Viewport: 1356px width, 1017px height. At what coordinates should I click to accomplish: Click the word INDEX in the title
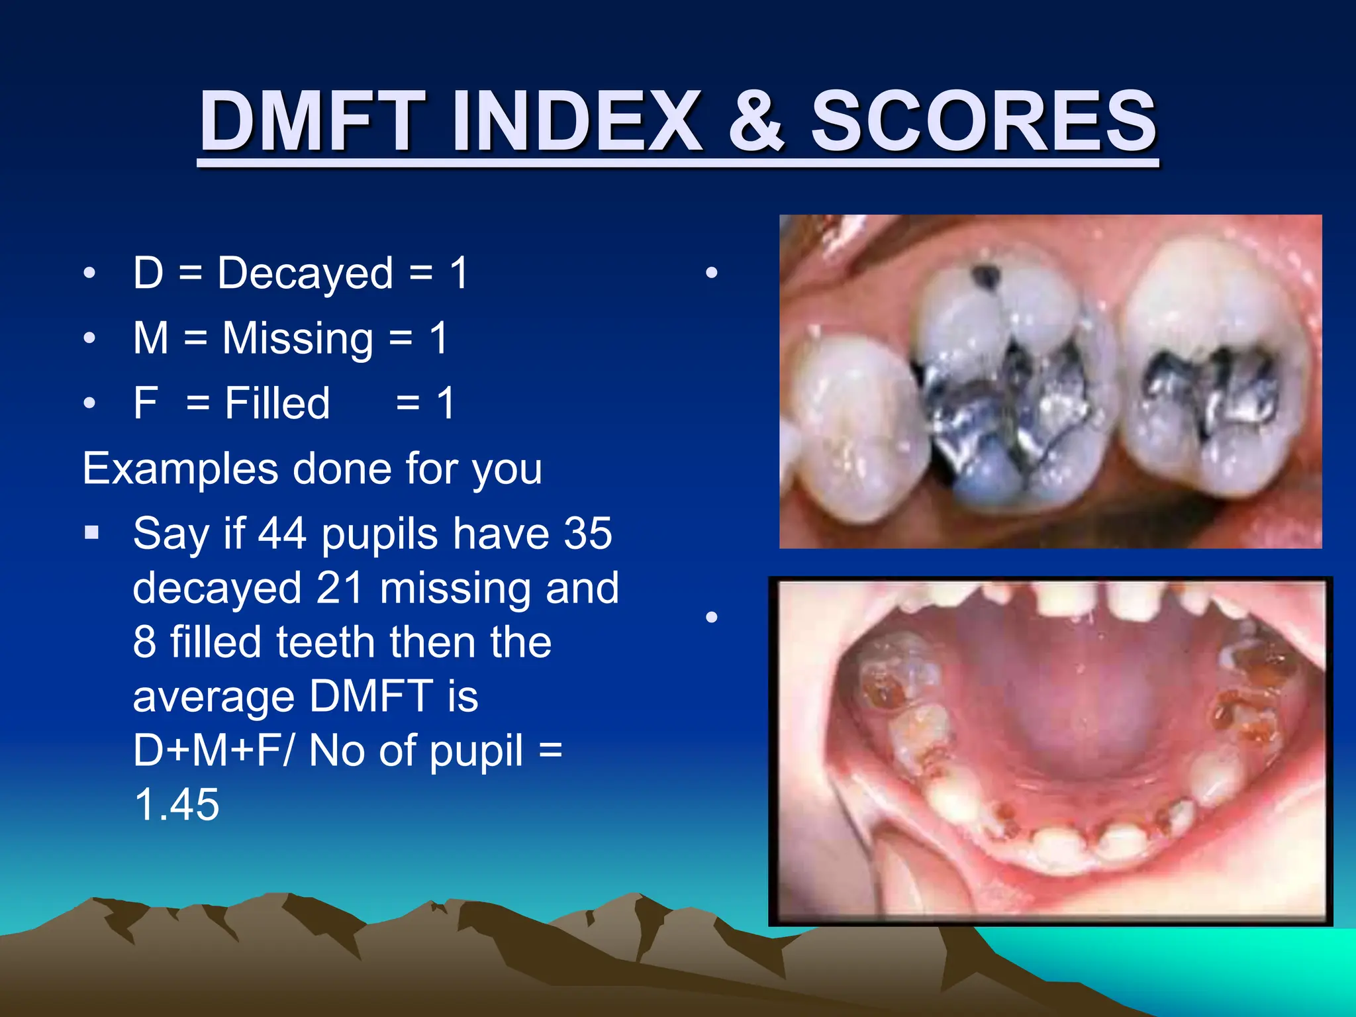[x=576, y=122]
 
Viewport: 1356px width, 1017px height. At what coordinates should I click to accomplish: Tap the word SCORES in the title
[x=984, y=122]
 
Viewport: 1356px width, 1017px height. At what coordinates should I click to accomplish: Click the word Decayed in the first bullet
[x=305, y=273]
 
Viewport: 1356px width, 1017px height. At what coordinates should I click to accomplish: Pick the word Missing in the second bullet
[x=297, y=338]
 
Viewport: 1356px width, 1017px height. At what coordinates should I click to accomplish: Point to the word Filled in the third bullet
[x=277, y=403]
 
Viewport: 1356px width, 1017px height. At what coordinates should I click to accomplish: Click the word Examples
[x=180, y=469]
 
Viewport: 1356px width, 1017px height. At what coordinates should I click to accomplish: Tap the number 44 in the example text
[x=281, y=533]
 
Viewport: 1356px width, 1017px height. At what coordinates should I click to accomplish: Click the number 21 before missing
[x=339, y=588]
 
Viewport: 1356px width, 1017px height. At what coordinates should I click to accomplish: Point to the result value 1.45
[x=176, y=805]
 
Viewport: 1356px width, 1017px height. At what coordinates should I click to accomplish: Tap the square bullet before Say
[x=92, y=532]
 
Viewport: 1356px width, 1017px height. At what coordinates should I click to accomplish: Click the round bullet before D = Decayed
[x=90, y=273]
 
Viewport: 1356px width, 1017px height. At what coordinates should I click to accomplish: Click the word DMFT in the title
[x=313, y=122]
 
